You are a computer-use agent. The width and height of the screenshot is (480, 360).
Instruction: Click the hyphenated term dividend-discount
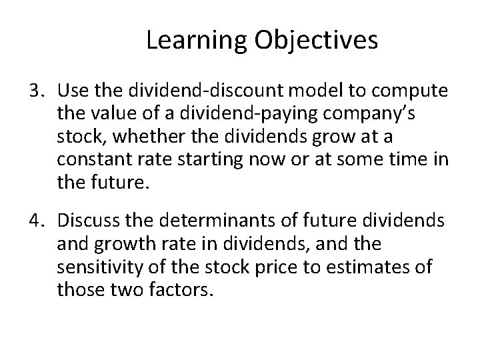(x=189, y=90)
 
